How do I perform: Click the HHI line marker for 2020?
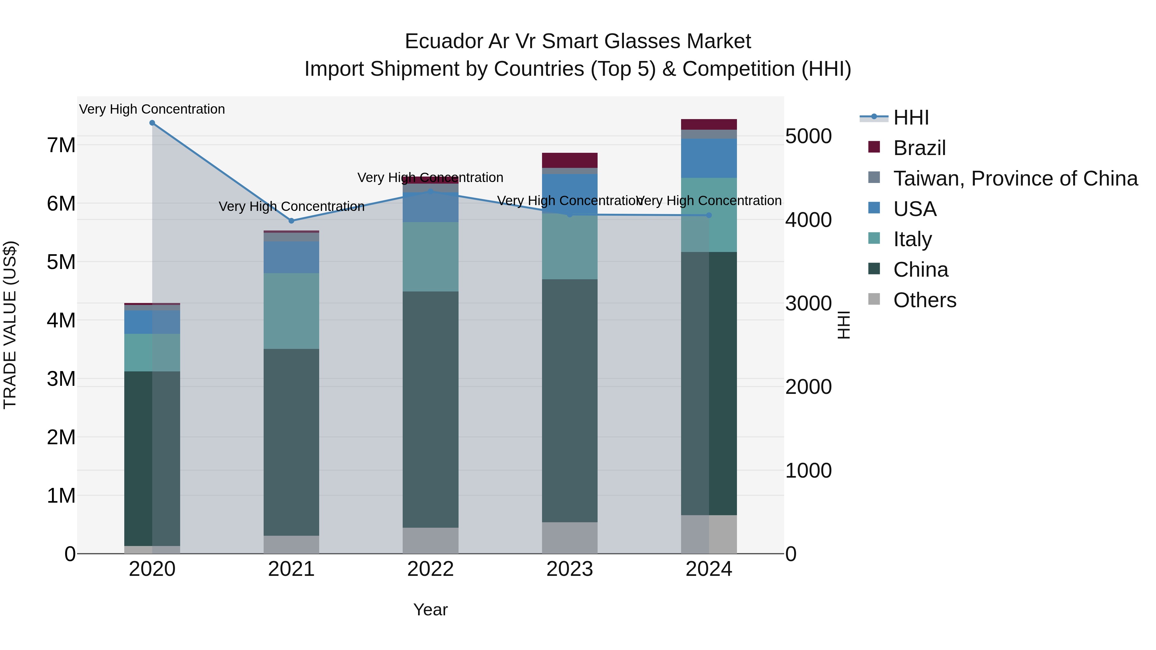tap(152, 123)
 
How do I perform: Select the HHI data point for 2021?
tap(291, 221)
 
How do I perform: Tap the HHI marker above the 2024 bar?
tap(709, 215)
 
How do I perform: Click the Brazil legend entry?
tap(919, 148)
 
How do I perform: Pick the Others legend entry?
tap(924, 300)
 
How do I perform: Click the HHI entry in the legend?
tap(911, 117)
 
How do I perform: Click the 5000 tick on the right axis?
tap(808, 136)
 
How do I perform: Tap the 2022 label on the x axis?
tap(430, 569)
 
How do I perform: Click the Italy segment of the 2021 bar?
tap(291, 311)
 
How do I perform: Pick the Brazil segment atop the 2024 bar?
tap(709, 124)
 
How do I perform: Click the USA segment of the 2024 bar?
tap(709, 158)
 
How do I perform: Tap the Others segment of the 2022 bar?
tap(430, 541)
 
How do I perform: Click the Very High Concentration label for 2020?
tap(152, 109)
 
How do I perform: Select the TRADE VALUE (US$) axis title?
tap(10, 325)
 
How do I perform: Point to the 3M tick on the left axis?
tap(61, 379)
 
